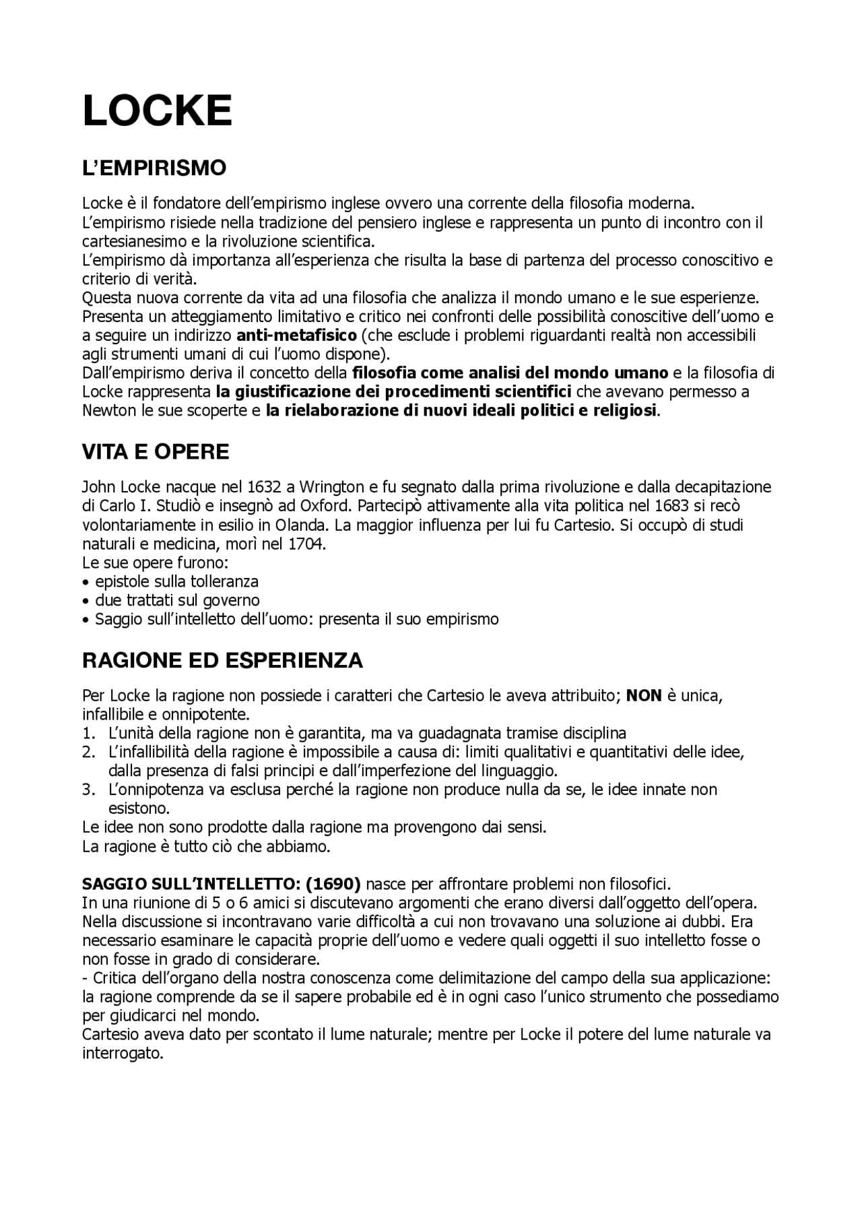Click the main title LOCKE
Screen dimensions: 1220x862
pos(157,110)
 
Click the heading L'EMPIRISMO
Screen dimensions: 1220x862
pos(154,168)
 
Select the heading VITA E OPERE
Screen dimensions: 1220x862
pos(156,452)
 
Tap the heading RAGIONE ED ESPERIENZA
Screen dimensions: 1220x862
pos(222,660)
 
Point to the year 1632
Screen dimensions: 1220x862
pos(263,487)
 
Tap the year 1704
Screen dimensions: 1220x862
pos(306,544)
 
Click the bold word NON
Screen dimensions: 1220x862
pos(644,695)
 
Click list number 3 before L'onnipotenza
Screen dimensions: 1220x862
pos(88,790)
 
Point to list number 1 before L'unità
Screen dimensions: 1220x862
pos(88,733)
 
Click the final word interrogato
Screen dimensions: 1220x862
pos(123,1054)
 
